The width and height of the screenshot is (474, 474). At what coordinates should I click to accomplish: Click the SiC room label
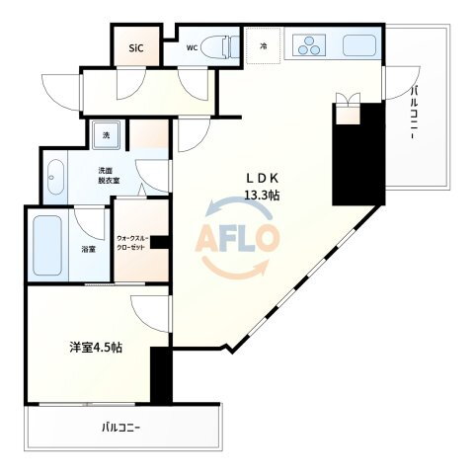tap(136, 48)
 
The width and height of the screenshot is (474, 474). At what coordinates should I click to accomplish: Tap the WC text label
tap(192, 48)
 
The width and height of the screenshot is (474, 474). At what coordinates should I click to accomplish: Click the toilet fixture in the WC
tap(220, 47)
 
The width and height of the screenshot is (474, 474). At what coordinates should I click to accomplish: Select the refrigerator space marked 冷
tap(264, 45)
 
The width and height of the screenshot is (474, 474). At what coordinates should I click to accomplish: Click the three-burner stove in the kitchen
tap(309, 45)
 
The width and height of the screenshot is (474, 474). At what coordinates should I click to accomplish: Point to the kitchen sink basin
tap(359, 45)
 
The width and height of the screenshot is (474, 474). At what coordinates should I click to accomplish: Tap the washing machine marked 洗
tap(106, 135)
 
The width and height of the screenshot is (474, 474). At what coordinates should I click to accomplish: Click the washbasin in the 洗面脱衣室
tap(55, 178)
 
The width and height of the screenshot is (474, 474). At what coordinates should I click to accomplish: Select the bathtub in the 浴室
tap(47, 245)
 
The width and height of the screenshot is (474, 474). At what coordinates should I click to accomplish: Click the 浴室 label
tap(89, 250)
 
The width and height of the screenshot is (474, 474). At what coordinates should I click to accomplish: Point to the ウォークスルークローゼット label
tap(133, 243)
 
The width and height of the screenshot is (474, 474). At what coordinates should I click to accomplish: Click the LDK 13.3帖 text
tap(263, 187)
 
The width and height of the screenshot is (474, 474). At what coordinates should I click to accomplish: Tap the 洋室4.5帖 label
tap(96, 348)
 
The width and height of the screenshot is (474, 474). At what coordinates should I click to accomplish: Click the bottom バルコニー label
tap(121, 428)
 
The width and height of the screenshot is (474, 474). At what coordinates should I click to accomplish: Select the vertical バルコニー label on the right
tap(415, 113)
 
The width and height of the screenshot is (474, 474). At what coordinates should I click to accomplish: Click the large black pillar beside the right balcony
tap(358, 154)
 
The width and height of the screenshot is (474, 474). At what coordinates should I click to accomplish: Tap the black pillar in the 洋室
tap(161, 374)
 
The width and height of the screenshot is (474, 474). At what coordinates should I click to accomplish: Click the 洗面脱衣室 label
tap(109, 176)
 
